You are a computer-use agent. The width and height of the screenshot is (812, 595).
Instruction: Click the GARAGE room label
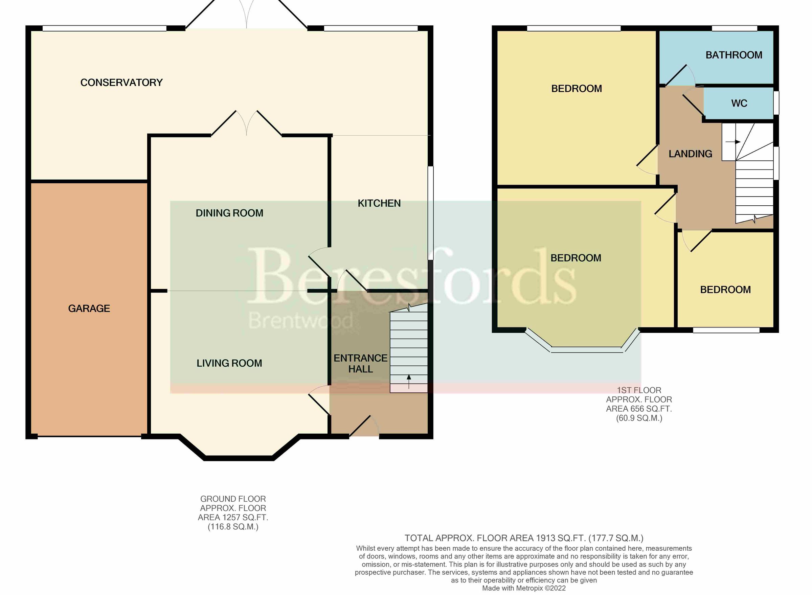89,308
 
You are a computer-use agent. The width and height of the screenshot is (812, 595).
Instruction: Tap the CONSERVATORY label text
121,83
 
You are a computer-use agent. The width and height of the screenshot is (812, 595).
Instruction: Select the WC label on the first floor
739,104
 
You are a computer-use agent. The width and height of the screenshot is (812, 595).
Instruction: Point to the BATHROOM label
734,55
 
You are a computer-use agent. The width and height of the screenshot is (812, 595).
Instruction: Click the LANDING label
690,154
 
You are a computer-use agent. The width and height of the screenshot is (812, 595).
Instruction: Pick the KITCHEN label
379,203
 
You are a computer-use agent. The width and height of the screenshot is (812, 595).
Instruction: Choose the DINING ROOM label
229,213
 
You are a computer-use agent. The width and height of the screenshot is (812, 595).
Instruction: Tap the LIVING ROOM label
229,363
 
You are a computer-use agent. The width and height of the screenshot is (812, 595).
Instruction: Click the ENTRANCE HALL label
360,363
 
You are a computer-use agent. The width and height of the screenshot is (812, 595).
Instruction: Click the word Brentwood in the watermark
301,321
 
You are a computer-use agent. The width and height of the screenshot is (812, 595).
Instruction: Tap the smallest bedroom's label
725,290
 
